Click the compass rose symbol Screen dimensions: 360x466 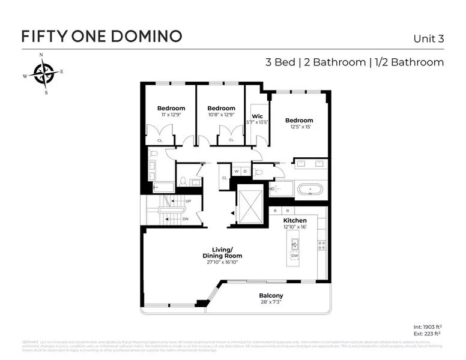(x=44, y=74)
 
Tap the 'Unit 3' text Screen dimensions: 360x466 (x=428, y=38)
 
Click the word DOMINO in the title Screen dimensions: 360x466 (x=147, y=35)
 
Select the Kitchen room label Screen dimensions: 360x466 (x=295, y=221)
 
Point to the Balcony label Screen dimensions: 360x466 (x=271, y=296)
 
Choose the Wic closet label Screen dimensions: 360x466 (x=257, y=116)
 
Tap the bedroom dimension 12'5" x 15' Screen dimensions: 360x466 (x=299, y=127)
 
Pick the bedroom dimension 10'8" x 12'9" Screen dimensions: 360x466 (x=221, y=115)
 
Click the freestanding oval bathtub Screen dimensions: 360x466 (x=310, y=190)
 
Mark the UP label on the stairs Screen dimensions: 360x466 (x=188, y=201)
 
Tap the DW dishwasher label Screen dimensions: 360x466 (x=294, y=256)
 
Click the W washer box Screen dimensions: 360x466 (x=237, y=172)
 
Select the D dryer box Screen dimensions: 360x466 (x=244, y=172)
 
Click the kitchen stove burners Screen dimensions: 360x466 (x=321, y=245)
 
